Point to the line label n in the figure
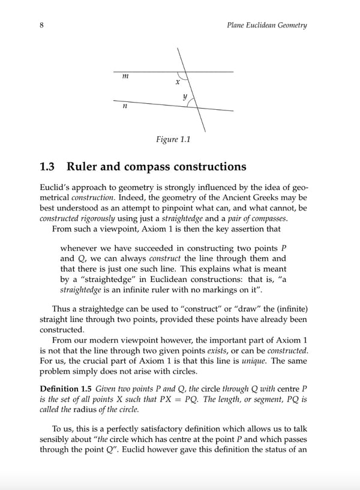[124, 106]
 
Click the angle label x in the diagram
[177, 82]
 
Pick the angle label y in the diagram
[185, 96]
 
